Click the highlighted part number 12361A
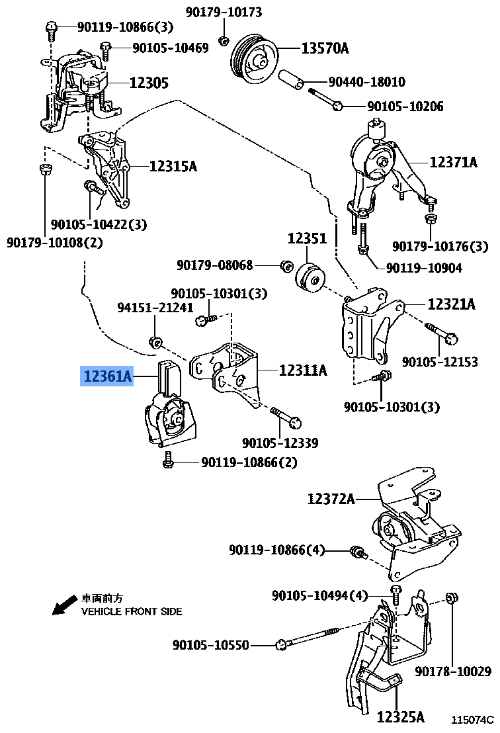tap(106, 377)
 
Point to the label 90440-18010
tap(367, 82)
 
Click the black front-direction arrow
tap(64, 605)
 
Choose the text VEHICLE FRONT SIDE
tap(131, 612)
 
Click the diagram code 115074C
tap(472, 719)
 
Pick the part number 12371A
tap(452, 161)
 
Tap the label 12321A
tap(451, 304)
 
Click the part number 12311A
tap(302, 370)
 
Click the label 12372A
tap(331, 499)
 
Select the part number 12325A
tap(400, 716)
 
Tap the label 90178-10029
tap(453, 672)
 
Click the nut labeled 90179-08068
tap(286, 266)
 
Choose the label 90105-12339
tap(280, 443)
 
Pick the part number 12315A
tap(173, 167)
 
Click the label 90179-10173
tap(224, 12)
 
